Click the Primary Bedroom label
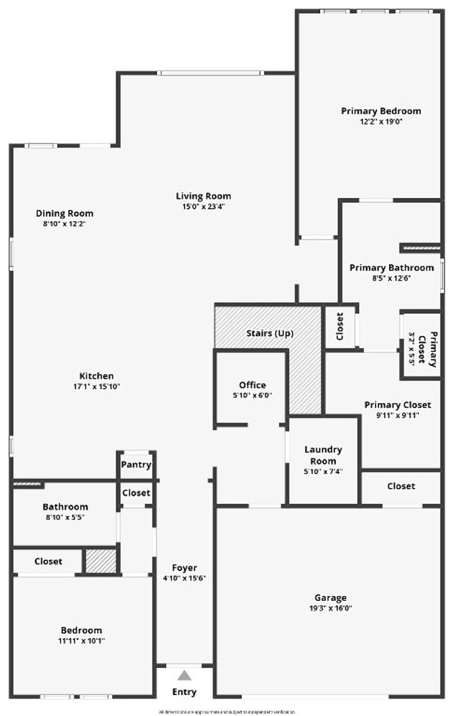pos(381,111)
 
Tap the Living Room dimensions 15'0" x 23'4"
pos(203,206)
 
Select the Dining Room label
pos(65,213)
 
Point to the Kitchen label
pos(96,376)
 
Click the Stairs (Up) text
pos(270,333)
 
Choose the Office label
pos(252,385)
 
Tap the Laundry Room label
pos(323,455)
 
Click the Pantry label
pos(136,464)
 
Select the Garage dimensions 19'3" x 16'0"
pos(330,608)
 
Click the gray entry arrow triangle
pos(184,675)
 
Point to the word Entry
pos(184,692)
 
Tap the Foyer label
pos(184,568)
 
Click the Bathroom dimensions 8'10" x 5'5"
pos(65,517)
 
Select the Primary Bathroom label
pos(391,268)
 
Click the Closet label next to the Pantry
pos(136,492)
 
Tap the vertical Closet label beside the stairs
pos(340,325)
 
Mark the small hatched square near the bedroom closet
pos(100,561)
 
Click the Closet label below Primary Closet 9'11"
pos(401,486)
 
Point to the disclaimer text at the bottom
pos(227,712)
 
